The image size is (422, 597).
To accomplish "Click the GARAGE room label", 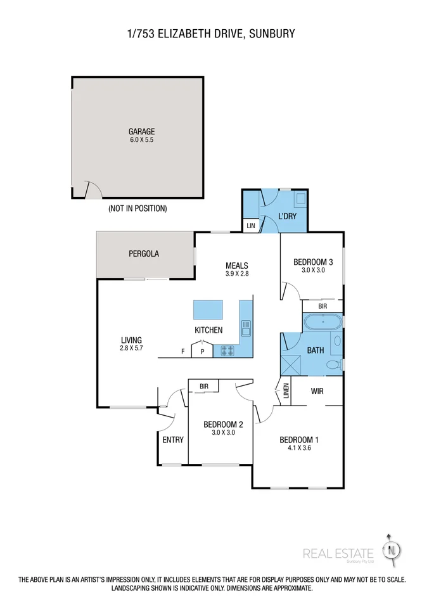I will (x=141, y=132).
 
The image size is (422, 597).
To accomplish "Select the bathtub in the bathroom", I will (x=323, y=323).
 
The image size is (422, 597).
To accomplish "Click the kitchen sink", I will (x=245, y=327).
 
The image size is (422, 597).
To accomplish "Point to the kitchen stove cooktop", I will (x=227, y=350).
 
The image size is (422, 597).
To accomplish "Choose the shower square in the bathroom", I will (x=292, y=365).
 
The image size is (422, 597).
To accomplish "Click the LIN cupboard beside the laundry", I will (x=250, y=226).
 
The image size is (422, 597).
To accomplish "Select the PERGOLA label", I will (x=144, y=254).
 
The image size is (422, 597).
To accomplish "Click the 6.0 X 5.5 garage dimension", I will (x=141, y=141).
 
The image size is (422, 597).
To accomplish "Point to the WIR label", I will (x=317, y=391).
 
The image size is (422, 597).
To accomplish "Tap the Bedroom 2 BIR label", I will (x=204, y=386).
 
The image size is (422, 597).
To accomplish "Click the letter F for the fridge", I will (x=183, y=351).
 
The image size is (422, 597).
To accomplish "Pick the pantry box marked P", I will (x=202, y=351).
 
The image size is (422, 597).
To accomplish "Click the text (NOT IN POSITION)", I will (x=137, y=208).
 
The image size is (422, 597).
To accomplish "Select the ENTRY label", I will (x=173, y=440).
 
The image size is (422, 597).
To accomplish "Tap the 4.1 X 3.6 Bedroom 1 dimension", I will (x=299, y=448).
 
